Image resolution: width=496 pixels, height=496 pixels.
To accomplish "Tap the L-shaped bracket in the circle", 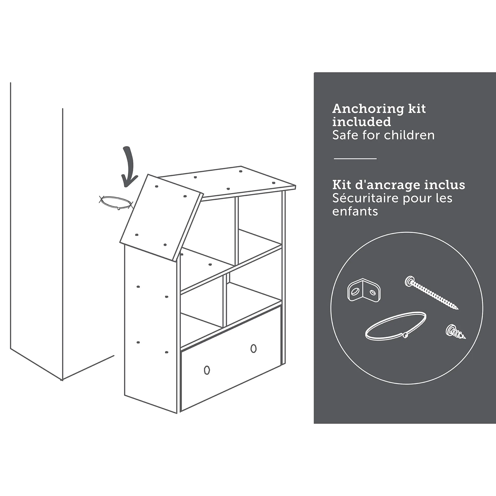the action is click(x=364, y=290).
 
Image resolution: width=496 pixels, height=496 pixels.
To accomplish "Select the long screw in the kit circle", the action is click(x=431, y=292).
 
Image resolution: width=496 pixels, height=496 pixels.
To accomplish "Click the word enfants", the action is click(x=355, y=211).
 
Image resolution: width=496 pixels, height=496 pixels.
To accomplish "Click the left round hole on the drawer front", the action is click(x=207, y=370).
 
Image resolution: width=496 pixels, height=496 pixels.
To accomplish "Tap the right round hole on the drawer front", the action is click(x=253, y=348).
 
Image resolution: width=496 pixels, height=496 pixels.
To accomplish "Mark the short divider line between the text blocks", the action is click(x=355, y=159).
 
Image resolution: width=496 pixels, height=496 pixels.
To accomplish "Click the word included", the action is click(x=362, y=122).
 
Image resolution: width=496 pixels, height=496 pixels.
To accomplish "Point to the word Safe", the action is click(x=345, y=135).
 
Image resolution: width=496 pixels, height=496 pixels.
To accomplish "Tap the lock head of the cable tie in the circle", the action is click(x=405, y=335).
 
